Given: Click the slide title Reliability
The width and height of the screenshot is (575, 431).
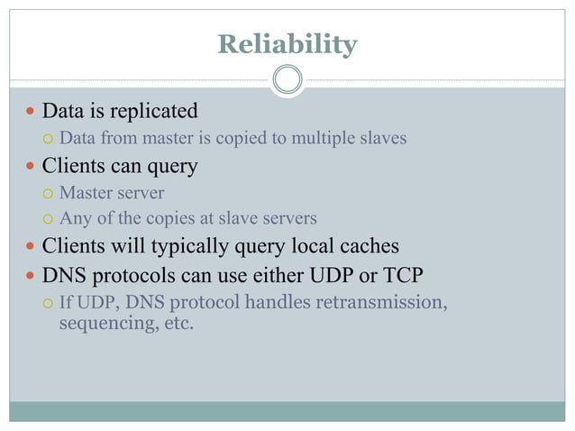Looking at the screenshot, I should click(287, 44).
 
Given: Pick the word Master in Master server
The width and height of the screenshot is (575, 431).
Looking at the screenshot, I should click(86, 193).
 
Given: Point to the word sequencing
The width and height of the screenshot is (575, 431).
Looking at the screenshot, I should click(102, 323).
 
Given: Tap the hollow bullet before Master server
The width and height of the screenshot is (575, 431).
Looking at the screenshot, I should click(50, 194).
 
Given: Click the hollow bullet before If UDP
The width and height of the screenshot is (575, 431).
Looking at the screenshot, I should click(50, 302).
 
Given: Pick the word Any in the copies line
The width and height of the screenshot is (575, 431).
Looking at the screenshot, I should click(73, 218).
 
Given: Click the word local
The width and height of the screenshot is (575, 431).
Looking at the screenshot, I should click(316, 245).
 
